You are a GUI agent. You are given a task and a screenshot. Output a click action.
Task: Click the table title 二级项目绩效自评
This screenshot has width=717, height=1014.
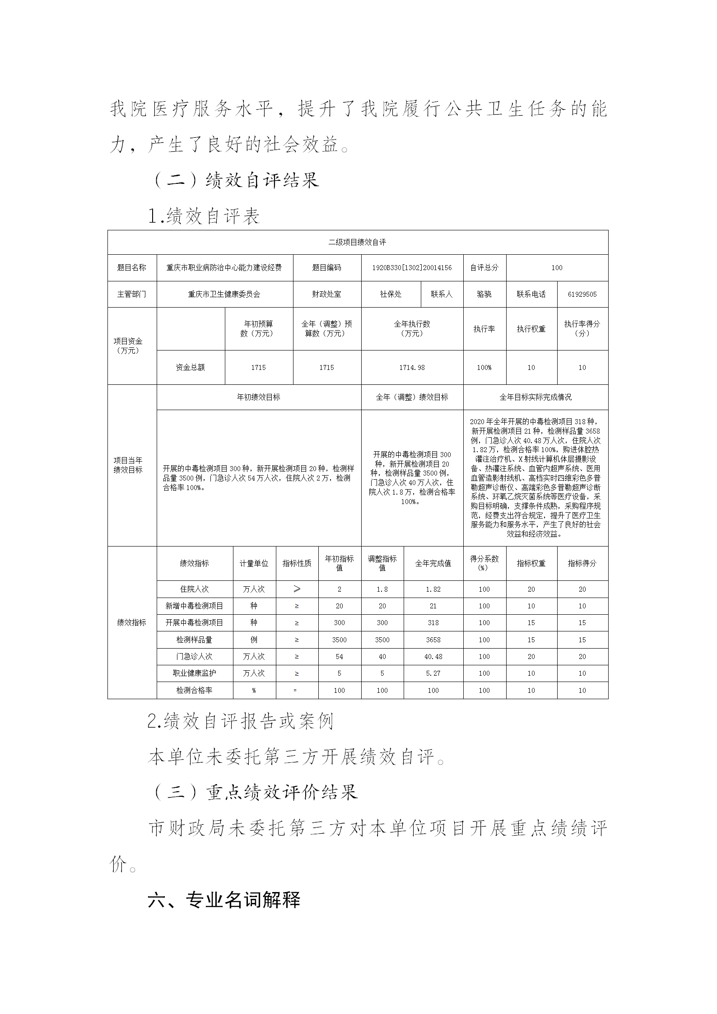coord(357,243)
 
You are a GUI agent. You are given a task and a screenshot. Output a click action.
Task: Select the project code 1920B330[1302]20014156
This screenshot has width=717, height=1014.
coord(412,268)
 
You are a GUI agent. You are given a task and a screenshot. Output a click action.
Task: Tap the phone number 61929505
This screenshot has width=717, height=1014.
coord(582,294)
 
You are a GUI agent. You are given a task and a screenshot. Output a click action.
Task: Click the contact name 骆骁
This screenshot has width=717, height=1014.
coord(484,294)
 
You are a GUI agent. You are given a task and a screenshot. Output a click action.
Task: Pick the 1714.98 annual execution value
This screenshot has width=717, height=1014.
coord(412,368)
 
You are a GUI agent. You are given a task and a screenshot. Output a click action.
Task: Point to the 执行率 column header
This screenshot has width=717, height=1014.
coord(484,329)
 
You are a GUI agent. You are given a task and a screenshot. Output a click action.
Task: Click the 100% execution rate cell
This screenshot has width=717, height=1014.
coord(484,368)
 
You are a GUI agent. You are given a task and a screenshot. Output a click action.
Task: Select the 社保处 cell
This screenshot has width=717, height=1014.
coord(391,294)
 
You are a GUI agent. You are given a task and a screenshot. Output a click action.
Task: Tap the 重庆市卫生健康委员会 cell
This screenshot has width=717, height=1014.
coord(224,294)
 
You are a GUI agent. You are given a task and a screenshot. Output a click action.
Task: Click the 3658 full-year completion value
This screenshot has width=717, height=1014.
coord(433,640)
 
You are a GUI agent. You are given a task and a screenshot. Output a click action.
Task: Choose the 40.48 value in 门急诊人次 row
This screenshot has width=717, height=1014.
coord(433,657)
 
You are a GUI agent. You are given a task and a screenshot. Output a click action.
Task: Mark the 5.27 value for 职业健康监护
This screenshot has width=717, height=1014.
coord(433,673)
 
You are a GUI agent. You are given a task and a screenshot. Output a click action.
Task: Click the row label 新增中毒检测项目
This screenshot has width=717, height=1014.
coord(194,606)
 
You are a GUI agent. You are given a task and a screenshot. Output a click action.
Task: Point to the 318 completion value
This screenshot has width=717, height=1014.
coord(433,623)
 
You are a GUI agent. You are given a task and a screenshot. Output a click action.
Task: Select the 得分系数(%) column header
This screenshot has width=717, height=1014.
coord(484,563)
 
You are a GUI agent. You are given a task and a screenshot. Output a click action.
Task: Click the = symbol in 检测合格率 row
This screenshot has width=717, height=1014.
coord(297,691)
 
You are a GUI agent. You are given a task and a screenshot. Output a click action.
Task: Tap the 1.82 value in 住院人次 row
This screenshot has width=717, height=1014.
coord(433,589)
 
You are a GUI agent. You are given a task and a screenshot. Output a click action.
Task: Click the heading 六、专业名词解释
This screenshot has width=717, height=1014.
coord(224,900)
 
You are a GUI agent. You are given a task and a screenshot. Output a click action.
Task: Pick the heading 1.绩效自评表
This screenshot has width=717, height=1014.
coord(204,217)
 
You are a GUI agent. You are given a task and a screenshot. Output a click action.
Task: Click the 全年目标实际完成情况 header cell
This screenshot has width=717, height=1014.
coord(535,397)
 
